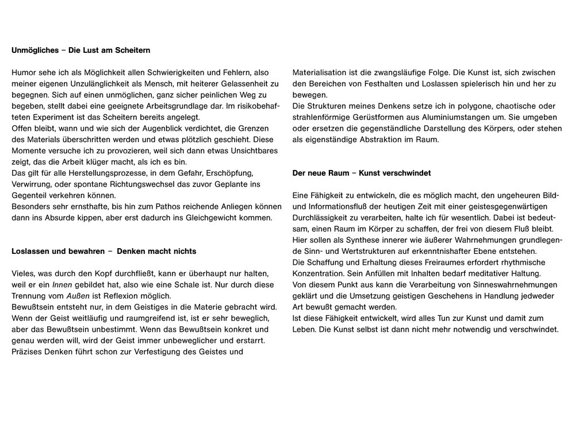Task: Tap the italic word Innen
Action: [63, 285]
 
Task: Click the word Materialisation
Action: [320, 73]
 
